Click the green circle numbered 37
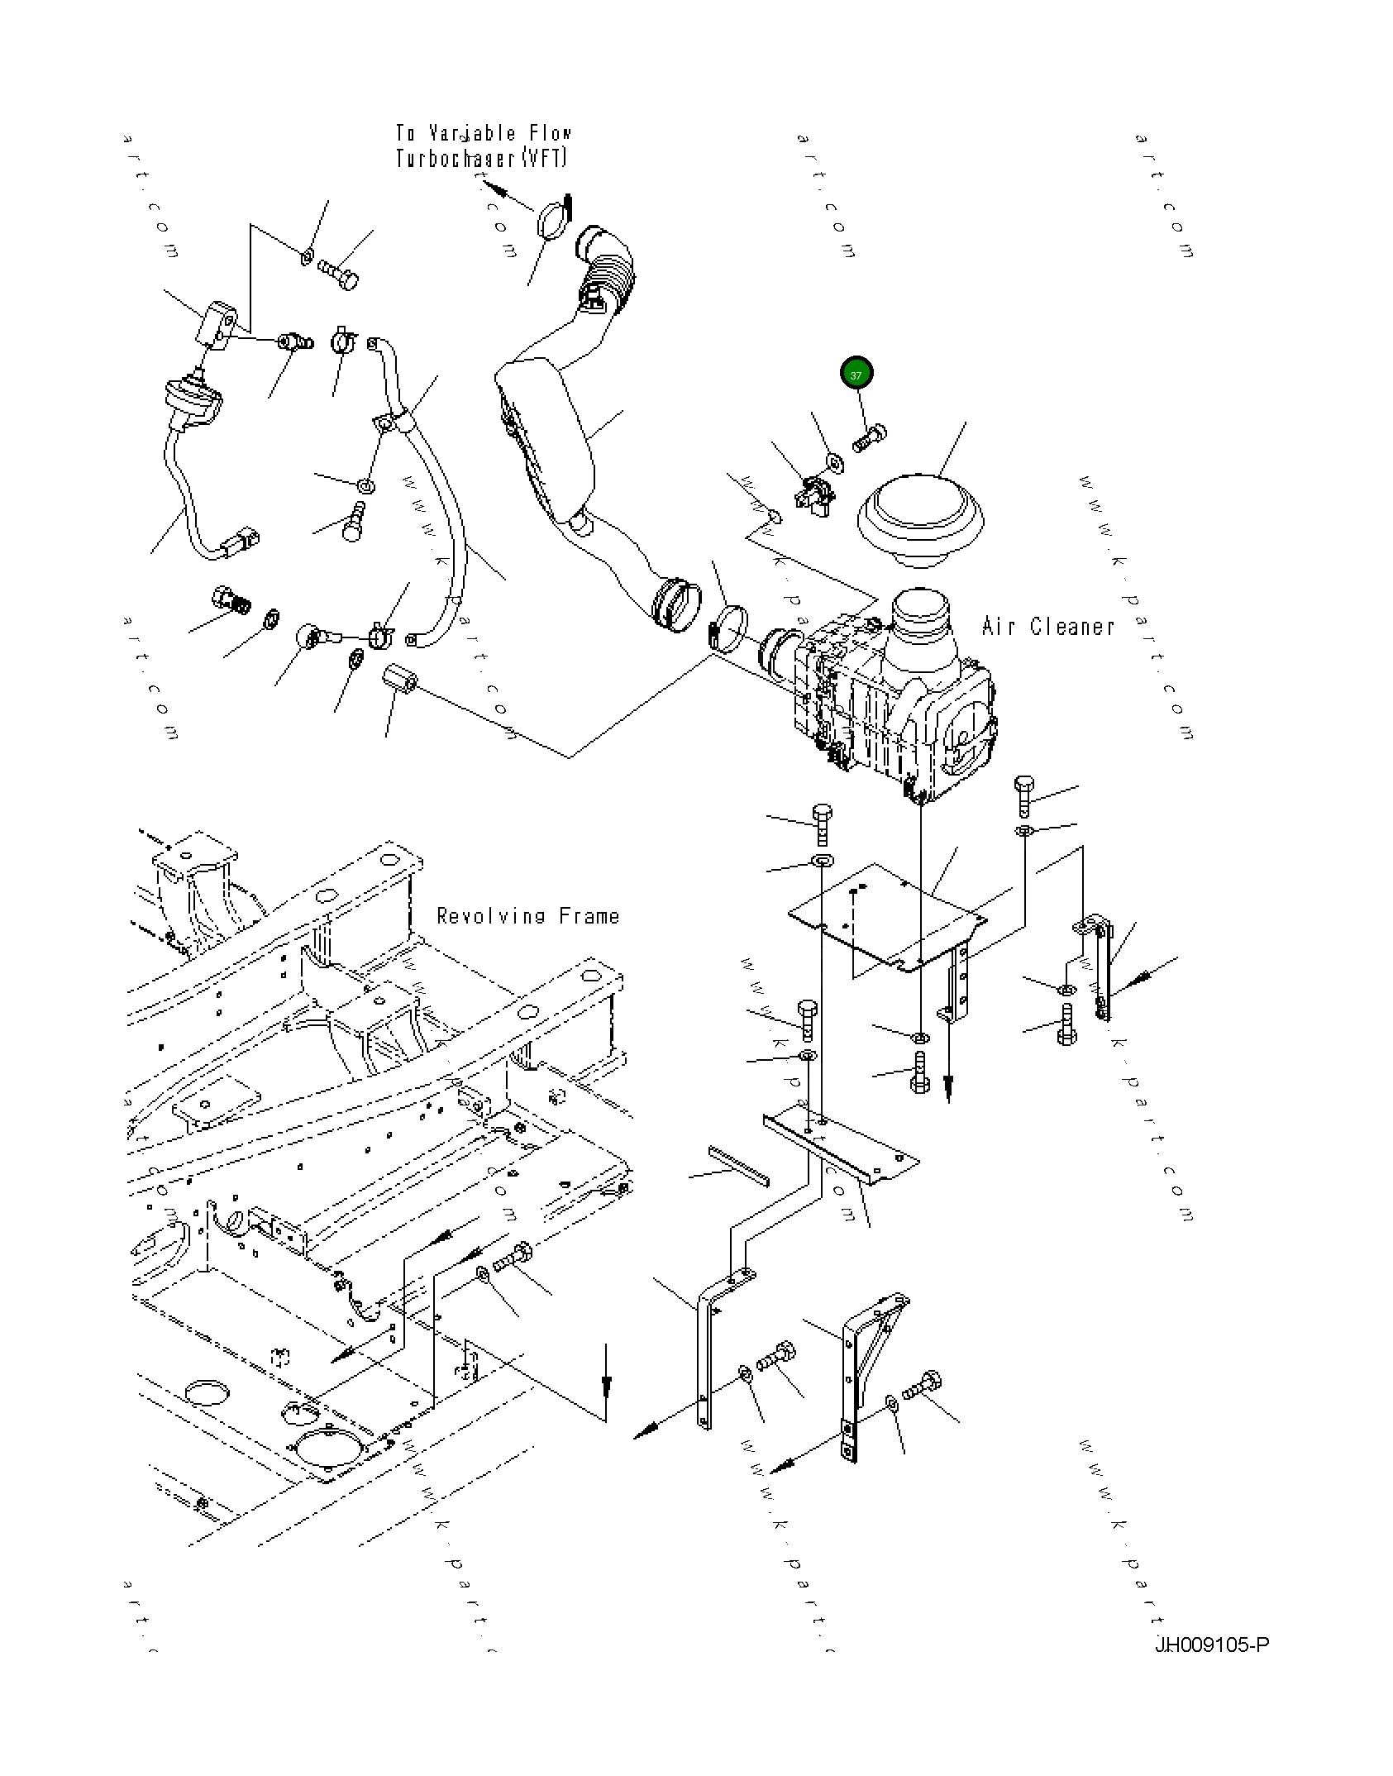pos(856,374)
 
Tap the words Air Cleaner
pos(1047,627)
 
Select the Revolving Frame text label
pos(527,916)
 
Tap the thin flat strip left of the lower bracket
pos(737,1166)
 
